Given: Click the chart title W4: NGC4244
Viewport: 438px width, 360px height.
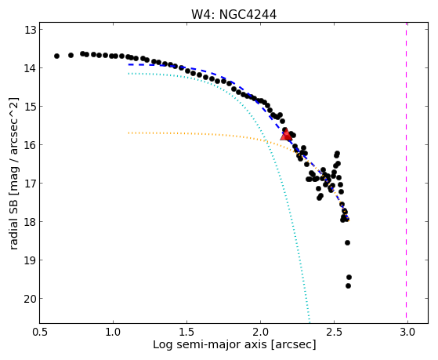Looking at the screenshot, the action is click(233, 15).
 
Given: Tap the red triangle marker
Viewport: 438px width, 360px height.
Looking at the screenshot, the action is click(286, 135).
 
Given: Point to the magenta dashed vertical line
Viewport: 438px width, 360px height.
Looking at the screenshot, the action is click(406, 173).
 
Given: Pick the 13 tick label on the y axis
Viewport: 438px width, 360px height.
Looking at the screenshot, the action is click(31, 30).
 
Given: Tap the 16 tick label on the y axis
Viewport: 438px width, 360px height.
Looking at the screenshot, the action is click(31, 145).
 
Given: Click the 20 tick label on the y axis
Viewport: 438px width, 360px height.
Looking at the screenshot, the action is click(31, 299).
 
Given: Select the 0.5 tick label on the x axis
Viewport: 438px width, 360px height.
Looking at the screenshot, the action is click(40, 332).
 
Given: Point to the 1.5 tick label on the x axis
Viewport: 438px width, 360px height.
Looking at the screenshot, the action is click(186, 332).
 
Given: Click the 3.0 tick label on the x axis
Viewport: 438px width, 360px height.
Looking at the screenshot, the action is click(407, 332).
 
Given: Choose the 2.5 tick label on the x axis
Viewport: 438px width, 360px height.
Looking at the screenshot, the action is click(334, 332).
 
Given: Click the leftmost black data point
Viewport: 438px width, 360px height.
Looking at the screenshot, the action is click(56, 56).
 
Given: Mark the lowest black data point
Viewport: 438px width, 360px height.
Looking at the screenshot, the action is click(348, 285).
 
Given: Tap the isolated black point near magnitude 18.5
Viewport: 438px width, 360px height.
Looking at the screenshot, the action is click(347, 242).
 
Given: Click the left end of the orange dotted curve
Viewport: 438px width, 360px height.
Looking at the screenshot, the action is click(129, 133).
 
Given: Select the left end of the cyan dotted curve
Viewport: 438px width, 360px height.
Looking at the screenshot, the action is click(129, 74).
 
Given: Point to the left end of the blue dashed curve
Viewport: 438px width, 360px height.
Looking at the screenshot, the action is click(129, 64).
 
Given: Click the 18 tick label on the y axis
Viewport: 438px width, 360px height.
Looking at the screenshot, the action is click(31, 222).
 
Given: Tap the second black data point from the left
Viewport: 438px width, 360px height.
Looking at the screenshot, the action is click(71, 55).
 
